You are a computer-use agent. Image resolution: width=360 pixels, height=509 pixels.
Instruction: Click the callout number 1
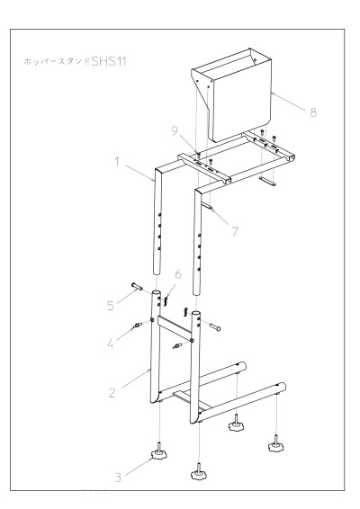(x=117, y=162)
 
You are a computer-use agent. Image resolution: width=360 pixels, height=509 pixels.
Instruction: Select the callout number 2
(x=112, y=393)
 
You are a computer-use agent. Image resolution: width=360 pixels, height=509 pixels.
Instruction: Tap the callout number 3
(x=118, y=478)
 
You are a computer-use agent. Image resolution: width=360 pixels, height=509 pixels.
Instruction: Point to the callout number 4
(x=111, y=344)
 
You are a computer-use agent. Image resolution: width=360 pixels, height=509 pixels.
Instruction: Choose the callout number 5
(x=111, y=306)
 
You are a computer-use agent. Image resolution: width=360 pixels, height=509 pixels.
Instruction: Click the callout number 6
(x=178, y=274)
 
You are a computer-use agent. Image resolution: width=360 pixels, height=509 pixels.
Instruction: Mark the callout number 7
(x=235, y=232)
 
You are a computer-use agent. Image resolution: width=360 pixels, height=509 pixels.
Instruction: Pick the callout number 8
(x=313, y=112)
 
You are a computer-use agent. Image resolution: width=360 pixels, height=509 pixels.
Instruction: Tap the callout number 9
(x=175, y=130)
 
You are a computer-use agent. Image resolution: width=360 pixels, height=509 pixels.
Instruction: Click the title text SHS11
(x=109, y=61)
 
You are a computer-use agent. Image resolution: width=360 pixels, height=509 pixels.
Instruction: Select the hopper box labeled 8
(x=232, y=95)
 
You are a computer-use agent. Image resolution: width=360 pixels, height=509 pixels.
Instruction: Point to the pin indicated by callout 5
(x=138, y=286)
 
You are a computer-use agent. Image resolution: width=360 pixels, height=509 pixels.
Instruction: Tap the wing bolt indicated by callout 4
(x=139, y=325)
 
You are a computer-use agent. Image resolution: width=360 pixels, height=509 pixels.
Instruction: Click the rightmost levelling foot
(x=276, y=443)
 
